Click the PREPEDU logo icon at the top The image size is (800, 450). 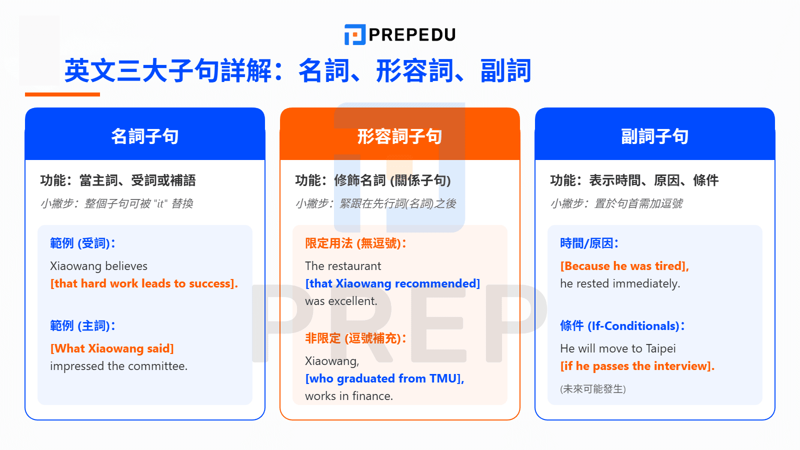(x=354, y=34)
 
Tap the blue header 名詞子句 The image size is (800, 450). (x=145, y=136)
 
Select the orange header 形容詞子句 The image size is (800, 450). (x=399, y=136)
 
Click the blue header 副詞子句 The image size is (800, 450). (x=654, y=136)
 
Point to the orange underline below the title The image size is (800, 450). (x=62, y=94)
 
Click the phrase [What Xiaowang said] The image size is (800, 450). (x=112, y=348)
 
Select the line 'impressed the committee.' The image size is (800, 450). (x=118, y=366)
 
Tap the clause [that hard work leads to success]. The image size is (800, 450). (x=144, y=283)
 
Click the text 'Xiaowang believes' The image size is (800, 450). (x=98, y=266)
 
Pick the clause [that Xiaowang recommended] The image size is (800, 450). (x=392, y=283)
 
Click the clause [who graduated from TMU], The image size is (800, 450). (x=384, y=378)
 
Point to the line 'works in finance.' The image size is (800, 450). (x=349, y=396)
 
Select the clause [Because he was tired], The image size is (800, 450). (x=624, y=266)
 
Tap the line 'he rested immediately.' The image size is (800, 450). (x=620, y=283)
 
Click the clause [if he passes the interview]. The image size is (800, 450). (x=637, y=366)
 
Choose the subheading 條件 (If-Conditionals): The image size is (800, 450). (x=622, y=326)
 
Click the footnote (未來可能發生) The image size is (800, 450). (x=593, y=389)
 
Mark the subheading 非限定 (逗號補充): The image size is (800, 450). (x=356, y=338)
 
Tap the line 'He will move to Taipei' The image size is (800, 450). (x=618, y=348)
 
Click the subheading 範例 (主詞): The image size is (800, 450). (x=83, y=326)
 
